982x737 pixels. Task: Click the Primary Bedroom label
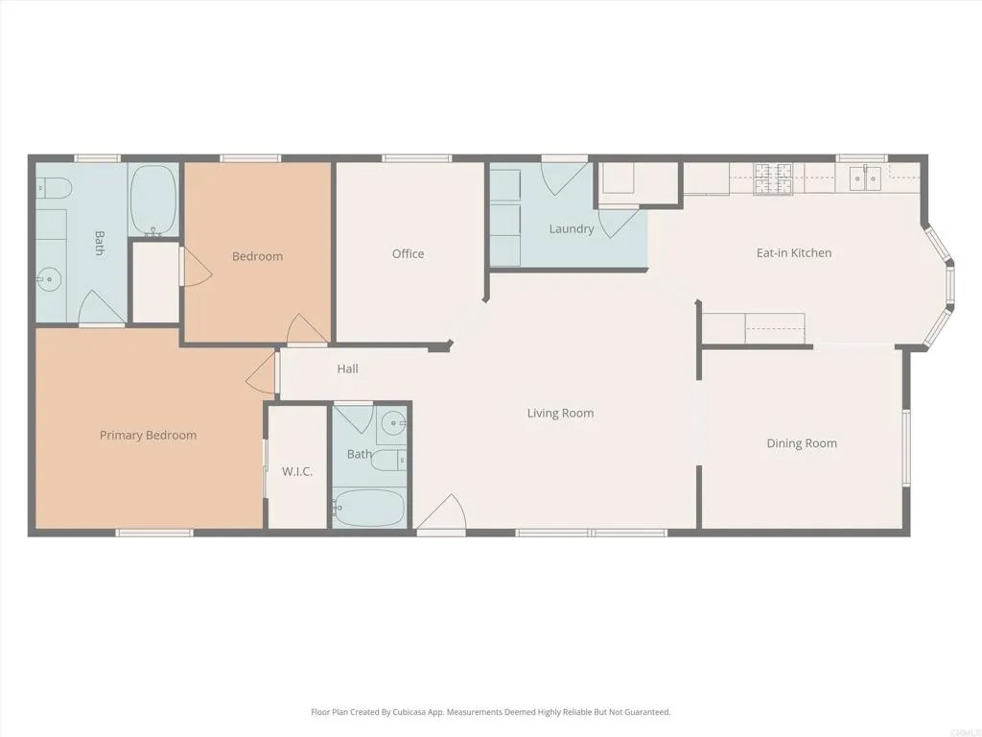pos(148,435)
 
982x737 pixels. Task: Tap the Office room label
pos(408,253)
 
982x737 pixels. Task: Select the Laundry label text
pos(571,228)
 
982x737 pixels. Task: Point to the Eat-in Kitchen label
pos(793,252)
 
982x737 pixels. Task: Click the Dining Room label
pos(801,443)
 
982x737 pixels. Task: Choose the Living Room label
pos(560,413)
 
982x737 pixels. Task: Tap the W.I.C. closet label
pos(297,471)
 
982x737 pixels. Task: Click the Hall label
pos(347,368)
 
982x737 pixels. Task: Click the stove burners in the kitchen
pos(774,178)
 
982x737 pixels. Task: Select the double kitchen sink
pos(867,178)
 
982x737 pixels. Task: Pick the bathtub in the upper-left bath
pos(153,200)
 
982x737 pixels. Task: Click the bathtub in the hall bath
pos(369,508)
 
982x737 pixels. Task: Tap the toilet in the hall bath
pos(388,462)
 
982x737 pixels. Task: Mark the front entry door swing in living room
pos(442,513)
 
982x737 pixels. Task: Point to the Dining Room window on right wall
pos(904,447)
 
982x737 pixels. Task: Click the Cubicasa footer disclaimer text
pos(490,712)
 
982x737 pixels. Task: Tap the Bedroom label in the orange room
pos(257,256)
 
